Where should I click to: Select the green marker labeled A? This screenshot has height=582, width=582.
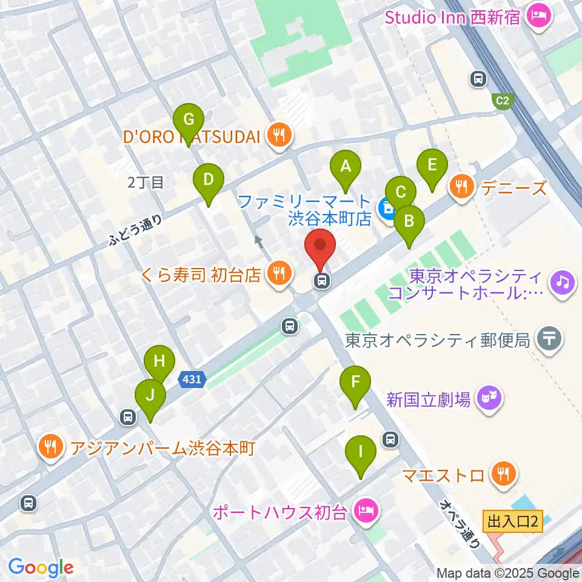click(346, 166)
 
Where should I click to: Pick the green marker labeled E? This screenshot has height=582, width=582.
click(432, 166)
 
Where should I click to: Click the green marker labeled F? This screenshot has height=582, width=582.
click(355, 383)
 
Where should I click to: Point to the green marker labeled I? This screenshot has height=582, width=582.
click(361, 453)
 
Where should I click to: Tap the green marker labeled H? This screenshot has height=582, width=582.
click(159, 363)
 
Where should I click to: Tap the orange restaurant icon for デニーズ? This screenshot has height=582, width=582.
click(463, 187)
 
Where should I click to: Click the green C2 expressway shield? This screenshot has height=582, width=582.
click(502, 101)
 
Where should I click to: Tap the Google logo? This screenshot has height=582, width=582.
click(41, 567)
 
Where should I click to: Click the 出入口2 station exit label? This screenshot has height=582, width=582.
click(512, 521)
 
